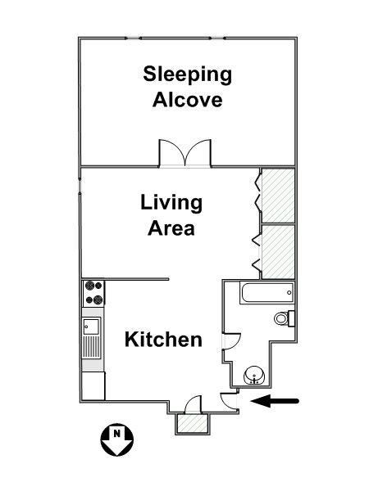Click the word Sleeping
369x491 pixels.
[188, 76]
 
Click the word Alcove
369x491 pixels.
[188, 101]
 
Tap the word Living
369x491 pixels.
[171, 202]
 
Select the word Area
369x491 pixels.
[171, 227]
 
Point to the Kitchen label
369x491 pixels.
[163, 339]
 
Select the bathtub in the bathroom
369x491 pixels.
[265, 292]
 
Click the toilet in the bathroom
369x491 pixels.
[283, 318]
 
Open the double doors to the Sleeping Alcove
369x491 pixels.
[186, 155]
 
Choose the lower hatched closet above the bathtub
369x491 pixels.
[278, 250]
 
